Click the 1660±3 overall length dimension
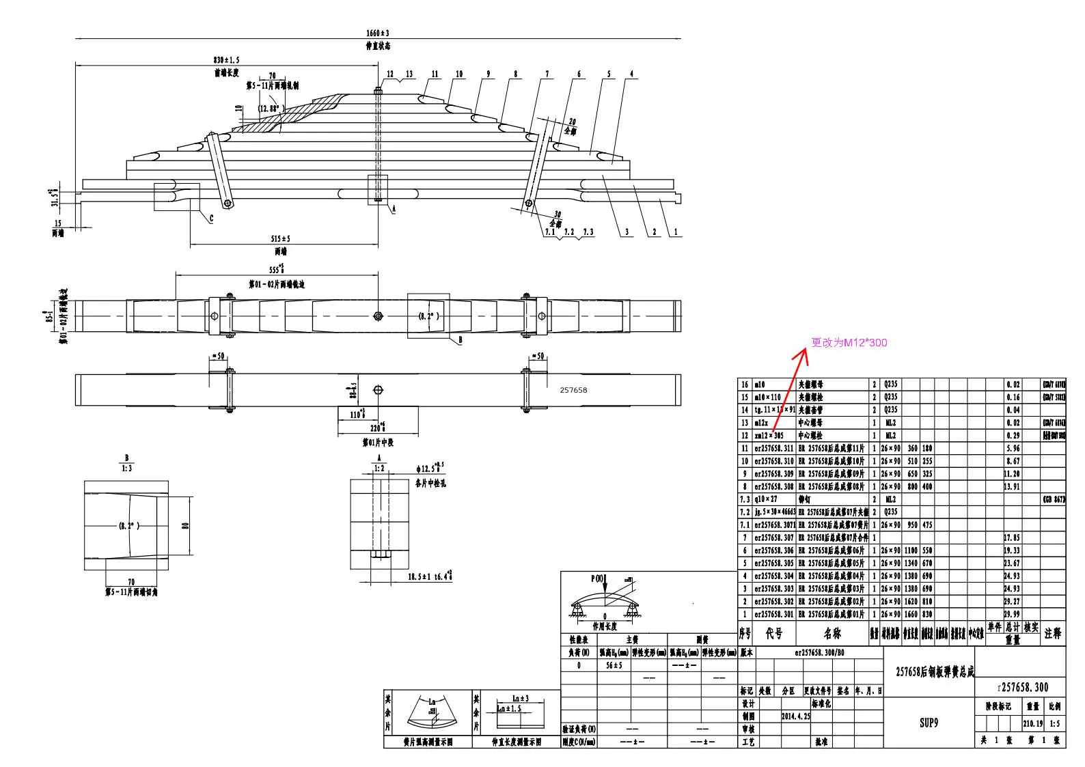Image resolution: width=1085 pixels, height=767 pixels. [378, 33]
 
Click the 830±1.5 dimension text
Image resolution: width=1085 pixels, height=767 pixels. [226, 61]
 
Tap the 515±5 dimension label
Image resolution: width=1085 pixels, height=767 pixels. [280, 239]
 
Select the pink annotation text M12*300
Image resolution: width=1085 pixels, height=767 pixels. [849, 343]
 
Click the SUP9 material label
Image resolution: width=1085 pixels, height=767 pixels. [929, 723]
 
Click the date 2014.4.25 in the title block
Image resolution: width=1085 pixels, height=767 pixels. [796, 716]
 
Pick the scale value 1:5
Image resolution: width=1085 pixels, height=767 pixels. [1055, 723]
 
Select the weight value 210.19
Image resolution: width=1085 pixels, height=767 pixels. [1032, 723]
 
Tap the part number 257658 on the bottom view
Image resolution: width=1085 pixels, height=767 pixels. [573, 390]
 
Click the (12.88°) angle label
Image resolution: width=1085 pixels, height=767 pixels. [270, 109]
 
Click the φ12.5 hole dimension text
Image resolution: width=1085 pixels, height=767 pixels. [429, 469]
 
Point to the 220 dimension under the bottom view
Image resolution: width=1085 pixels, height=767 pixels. [376, 428]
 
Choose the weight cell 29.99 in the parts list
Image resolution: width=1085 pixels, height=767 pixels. [1012, 615]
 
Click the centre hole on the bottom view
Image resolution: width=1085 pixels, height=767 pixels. [379, 390]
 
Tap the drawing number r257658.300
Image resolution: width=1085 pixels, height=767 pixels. [1023, 687]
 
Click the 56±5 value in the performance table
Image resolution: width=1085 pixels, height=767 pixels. [614, 665]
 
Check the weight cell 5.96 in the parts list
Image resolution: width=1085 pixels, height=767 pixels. [1013, 449]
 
